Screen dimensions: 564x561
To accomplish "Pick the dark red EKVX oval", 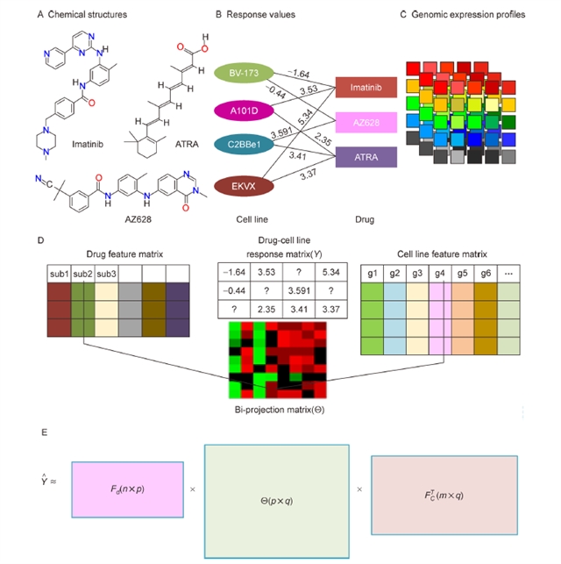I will coord(239,185).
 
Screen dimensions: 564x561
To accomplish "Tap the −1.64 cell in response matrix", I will coord(234,271).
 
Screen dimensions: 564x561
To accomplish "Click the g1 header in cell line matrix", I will coord(373,273).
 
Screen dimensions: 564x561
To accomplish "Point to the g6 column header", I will coord(484,273).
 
